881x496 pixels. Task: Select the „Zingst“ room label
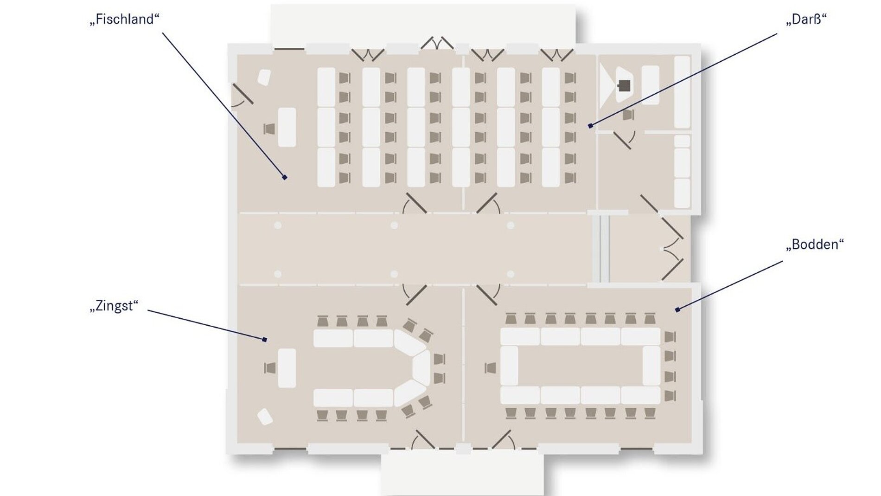pyautogui.click(x=114, y=307)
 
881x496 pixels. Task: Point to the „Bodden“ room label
pyautogui.click(x=815, y=245)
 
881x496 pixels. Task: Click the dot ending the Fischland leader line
pyautogui.click(x=285, y=177)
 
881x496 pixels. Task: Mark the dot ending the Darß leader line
pyautogui.click(x=590, y=126)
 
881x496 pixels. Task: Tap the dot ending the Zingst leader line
pyautogui.click(x=265, y=340)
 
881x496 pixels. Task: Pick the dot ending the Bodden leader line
pyautogui.click(x=677, y=309)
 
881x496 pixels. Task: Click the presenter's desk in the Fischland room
pyautogui.click(x=287, y=127)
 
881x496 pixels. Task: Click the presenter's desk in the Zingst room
pyautogui.click(x=287, y=368)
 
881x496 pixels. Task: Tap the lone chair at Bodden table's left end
pyautogui.click(x=491, y=368)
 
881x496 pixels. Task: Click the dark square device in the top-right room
pyautogui.click(x=625, y=86)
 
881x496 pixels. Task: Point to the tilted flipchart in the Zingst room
pyautogui.click(x=265, y=416)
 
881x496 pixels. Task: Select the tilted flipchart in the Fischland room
pyautogui.click(x=264, y=77)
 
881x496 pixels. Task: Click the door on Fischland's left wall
pyautogui.click(x=242, y=95)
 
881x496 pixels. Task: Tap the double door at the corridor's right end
pyautogui.click(x=671, y=249)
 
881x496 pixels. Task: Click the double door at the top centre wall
pyautogui.click(x=437, y=43)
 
